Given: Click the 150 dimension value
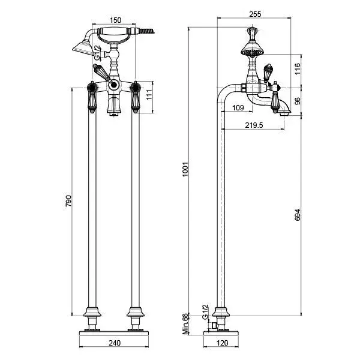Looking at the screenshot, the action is [x=115, y=20].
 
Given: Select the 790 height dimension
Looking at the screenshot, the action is [x=68, y=201].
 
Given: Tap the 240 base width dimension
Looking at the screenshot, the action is [x=115, y=343].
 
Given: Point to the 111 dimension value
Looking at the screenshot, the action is [x=149, y=95].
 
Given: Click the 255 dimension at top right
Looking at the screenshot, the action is [x=255, y=14].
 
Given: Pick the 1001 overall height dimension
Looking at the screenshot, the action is [x=185, y=169].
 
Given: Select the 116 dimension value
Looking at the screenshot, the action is [x=298, y=69].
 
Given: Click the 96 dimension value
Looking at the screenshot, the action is [x=298, y=101].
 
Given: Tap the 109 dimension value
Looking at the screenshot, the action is [x=238, y=107].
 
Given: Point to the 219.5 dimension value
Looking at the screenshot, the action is [x=254, y=125].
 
